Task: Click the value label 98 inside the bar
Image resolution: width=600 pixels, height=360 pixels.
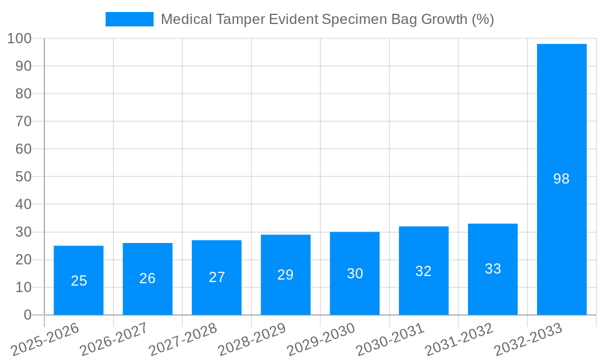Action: pos(562,179)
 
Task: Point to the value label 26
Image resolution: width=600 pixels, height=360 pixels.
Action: pos(148,278)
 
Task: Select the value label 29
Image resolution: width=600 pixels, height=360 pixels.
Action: pos(286,275)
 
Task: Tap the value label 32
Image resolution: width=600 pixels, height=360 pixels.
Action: pos(424,271)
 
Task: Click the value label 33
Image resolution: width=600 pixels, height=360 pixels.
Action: pos(493,269)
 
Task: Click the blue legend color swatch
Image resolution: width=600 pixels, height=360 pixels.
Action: pos(130,19)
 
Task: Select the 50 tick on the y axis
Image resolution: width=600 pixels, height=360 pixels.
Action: pos(23,177)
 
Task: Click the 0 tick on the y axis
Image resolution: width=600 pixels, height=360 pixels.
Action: pos(27,315)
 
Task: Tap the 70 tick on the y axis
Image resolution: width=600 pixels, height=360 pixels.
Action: pos(23,121)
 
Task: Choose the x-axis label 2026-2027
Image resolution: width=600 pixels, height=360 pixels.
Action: pos(114,340)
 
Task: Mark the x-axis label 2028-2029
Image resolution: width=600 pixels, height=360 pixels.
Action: pos(252,340)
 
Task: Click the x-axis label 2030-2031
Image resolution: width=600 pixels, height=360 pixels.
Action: pos(390,340)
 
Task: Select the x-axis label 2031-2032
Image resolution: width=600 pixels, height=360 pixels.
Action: pos(459,340)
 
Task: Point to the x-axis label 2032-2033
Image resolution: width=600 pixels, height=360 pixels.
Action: pos(528,340)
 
